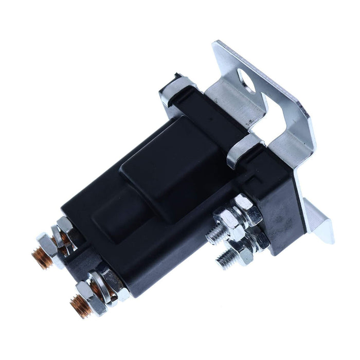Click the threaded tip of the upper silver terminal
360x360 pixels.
tap(212, 236)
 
